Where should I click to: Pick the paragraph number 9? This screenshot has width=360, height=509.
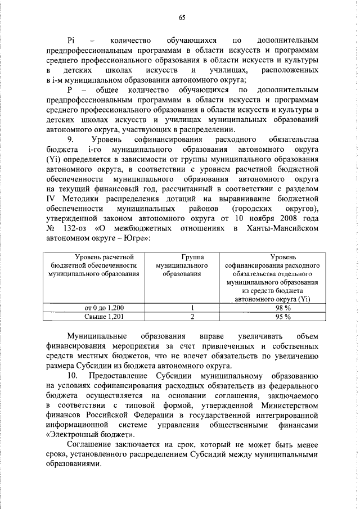pos(70,138)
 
